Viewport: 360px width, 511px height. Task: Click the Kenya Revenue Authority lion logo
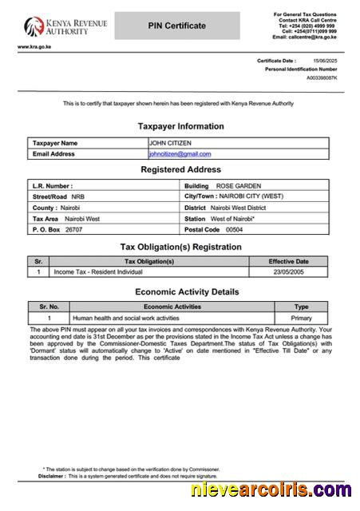(33, 26)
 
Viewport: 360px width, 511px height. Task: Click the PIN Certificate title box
(176, 26)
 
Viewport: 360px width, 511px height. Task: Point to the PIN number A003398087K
(322, 78)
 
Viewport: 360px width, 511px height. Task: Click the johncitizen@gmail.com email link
(180, 154)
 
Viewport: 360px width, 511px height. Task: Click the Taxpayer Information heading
(180, 126)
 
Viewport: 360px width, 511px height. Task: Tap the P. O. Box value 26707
(73, 229)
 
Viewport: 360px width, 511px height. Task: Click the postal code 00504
(234, 229)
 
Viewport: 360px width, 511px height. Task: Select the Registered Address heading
(180, 169)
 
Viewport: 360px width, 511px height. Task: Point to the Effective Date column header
(288, 261)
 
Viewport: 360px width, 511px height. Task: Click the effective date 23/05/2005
(288, 272)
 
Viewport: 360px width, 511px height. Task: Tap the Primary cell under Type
(302, 318)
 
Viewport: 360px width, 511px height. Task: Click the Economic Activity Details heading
(187, 291)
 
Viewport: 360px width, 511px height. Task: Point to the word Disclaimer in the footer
(51, 475)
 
